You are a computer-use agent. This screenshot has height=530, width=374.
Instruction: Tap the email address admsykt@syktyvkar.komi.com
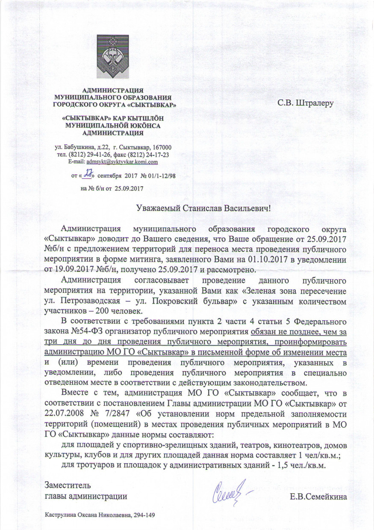(122, 162)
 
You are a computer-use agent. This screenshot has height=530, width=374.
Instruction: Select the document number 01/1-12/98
(161, 176)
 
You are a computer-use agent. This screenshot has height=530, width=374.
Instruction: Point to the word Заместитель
(68, 485)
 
